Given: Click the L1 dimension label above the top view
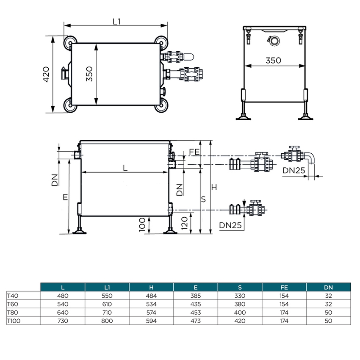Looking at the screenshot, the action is pos(116,22).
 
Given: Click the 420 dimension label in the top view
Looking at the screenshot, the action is pos(46,75).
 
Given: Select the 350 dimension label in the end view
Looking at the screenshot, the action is pos(273,61).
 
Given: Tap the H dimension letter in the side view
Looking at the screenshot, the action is pos(214,188).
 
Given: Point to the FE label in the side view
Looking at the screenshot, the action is pos(194,152).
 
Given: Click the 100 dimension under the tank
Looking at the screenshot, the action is pos(142,225).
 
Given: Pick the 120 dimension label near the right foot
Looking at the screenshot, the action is pos(184,223).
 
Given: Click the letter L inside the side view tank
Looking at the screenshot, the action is pos(125,168).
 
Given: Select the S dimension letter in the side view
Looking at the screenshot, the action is pos(203,199).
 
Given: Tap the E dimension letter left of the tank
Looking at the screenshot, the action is pos(65,197).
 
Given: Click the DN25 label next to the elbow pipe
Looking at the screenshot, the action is pos(294,170).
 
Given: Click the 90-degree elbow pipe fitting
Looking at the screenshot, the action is pos(310,157).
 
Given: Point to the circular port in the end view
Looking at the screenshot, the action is pos(274,41).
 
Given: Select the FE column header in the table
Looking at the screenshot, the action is pos(284,288).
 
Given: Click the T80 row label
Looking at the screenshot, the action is pos(12,313).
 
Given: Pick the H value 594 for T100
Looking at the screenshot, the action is pos(151,321).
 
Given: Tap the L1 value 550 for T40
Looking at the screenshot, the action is pos(107,296).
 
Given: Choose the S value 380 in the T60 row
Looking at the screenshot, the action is pos(240,304).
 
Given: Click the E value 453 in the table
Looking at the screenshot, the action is pos(195,313).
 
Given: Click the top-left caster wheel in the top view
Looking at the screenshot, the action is pos(70,43).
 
